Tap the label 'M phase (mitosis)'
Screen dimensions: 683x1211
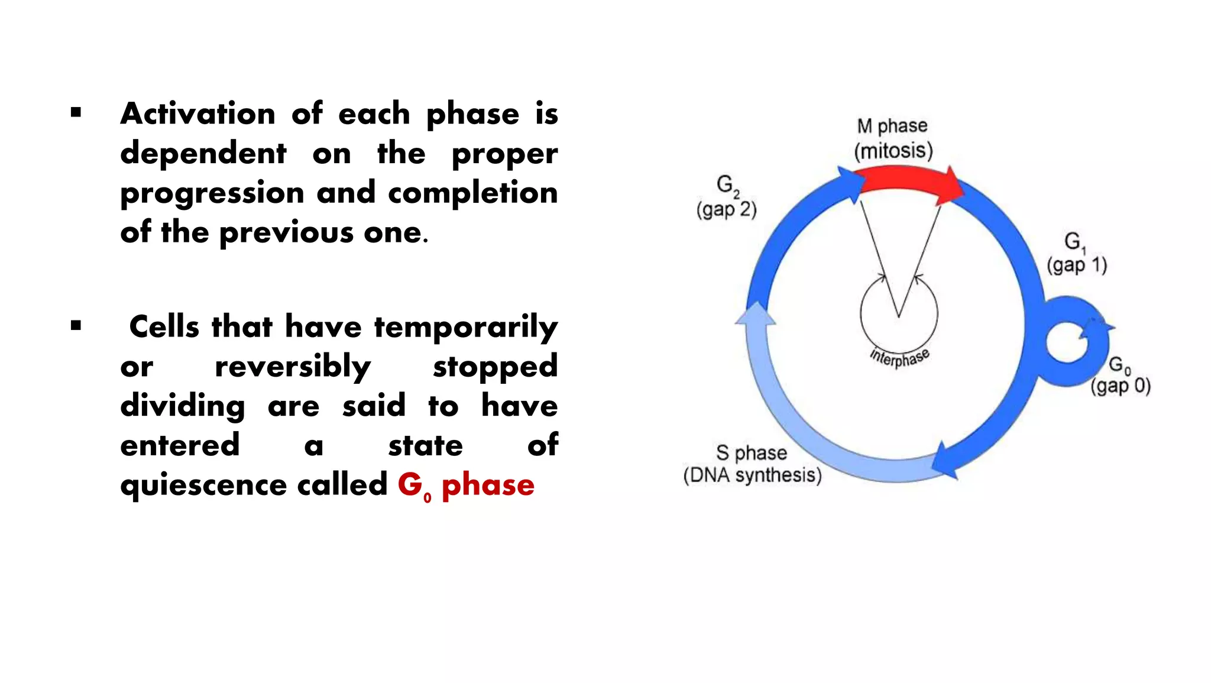click(x=893, y=139)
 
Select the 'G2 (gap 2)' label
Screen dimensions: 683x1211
click(x=726, y=197)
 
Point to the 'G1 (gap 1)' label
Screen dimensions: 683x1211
click(x=1076, y=253)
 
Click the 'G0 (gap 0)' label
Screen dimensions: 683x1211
click(x=1120, y=376)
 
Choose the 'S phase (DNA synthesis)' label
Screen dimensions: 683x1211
click(x=752, y=464)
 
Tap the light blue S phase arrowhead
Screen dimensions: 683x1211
click(x=755, y=313)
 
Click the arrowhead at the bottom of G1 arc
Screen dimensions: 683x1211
click(x=946, y=461)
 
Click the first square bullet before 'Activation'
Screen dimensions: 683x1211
click(x=76, y=112)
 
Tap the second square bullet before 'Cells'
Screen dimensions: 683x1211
click(x=76, y=325)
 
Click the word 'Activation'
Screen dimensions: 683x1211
click(x=198, y=114)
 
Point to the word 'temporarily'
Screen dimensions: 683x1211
click(x=465, y=328)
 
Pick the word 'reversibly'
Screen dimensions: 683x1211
click(x=293, y=367)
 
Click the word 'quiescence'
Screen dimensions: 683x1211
click(x=203, y=485)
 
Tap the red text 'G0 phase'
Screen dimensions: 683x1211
click(x=465, y=485)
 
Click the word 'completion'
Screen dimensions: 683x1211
click(x=472, y=193)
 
